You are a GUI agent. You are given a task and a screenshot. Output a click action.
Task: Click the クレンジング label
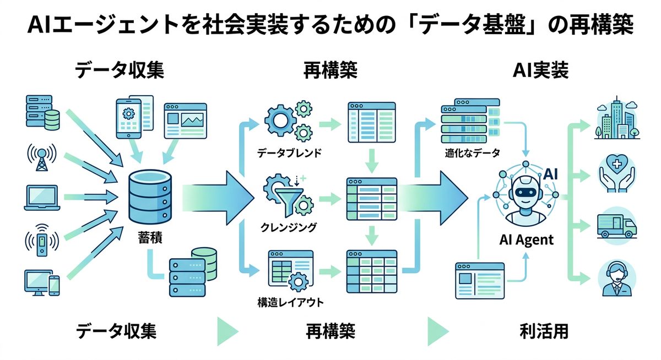point(289,227)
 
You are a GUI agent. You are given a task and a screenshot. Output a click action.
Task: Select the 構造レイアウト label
point(290,302)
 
